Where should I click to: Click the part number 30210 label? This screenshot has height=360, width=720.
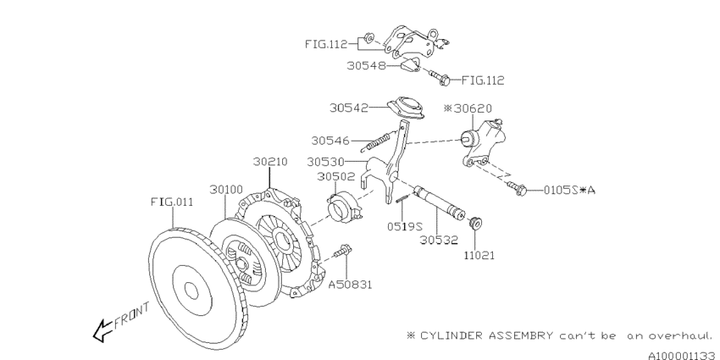[270, 162]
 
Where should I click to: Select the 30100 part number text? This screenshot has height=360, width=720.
[226, 189]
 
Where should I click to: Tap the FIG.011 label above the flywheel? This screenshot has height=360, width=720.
[172, 202]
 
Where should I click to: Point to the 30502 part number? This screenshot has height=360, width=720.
[335, 176]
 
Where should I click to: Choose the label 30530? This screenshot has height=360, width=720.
[325, 162]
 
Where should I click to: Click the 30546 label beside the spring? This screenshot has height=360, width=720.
[330, 141]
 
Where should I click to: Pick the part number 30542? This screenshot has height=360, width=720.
[348, 108]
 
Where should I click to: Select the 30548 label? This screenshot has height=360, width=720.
[366, 66]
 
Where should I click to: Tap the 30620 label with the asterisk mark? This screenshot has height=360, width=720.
[468, 108]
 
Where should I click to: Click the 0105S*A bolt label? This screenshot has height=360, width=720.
[569, 190]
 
